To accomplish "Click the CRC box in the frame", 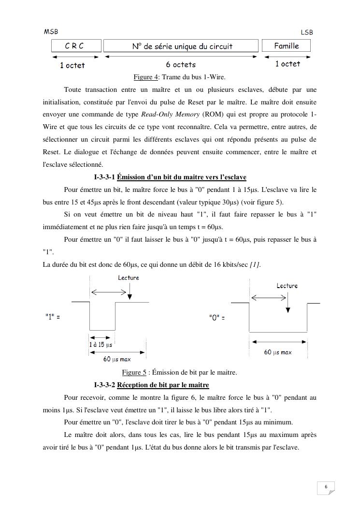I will (x=76, y=46).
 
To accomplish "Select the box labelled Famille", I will (x=286, y=46).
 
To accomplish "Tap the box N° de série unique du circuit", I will (x=182, y=46).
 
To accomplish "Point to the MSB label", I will (x=51, y=31).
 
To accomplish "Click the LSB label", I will (x=307, y=32).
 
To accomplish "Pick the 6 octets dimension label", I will (x=181, y=64).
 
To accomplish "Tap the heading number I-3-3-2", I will (x=104, y=385).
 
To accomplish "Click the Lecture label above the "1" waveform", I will (x=128, y=277).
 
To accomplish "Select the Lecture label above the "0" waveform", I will (x=287, y=286).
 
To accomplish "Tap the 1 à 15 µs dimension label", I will (x=101, y=345).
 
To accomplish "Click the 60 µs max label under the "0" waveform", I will (x=277, y=352).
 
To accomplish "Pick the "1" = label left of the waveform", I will (x=52, y=317).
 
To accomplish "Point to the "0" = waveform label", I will (x=217, y=318).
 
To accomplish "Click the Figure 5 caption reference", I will (x=134, y=372).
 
